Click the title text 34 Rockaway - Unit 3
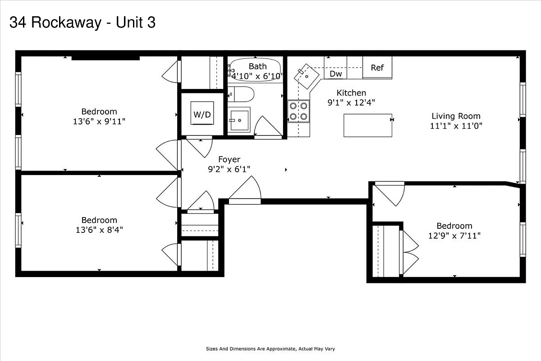pos(83,22)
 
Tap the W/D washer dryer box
pos(202,114)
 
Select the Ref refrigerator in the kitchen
pos(377,68)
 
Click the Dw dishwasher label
pos(335,74)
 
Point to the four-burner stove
pos(298,111)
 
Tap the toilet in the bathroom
pos(242,94)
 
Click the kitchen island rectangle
pos(368,125)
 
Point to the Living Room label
pos(456,116)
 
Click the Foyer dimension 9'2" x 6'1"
pos(229,169)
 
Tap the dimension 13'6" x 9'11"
pos(99,121)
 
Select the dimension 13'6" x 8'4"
pos(99,230)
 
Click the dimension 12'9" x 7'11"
pos(454,236)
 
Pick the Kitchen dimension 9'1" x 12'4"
pos(351,102)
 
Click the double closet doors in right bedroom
pos(409,253)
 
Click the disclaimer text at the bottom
pos(270,349)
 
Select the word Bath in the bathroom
pos(257,66)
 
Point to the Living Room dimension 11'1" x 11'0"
pos(456,126)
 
